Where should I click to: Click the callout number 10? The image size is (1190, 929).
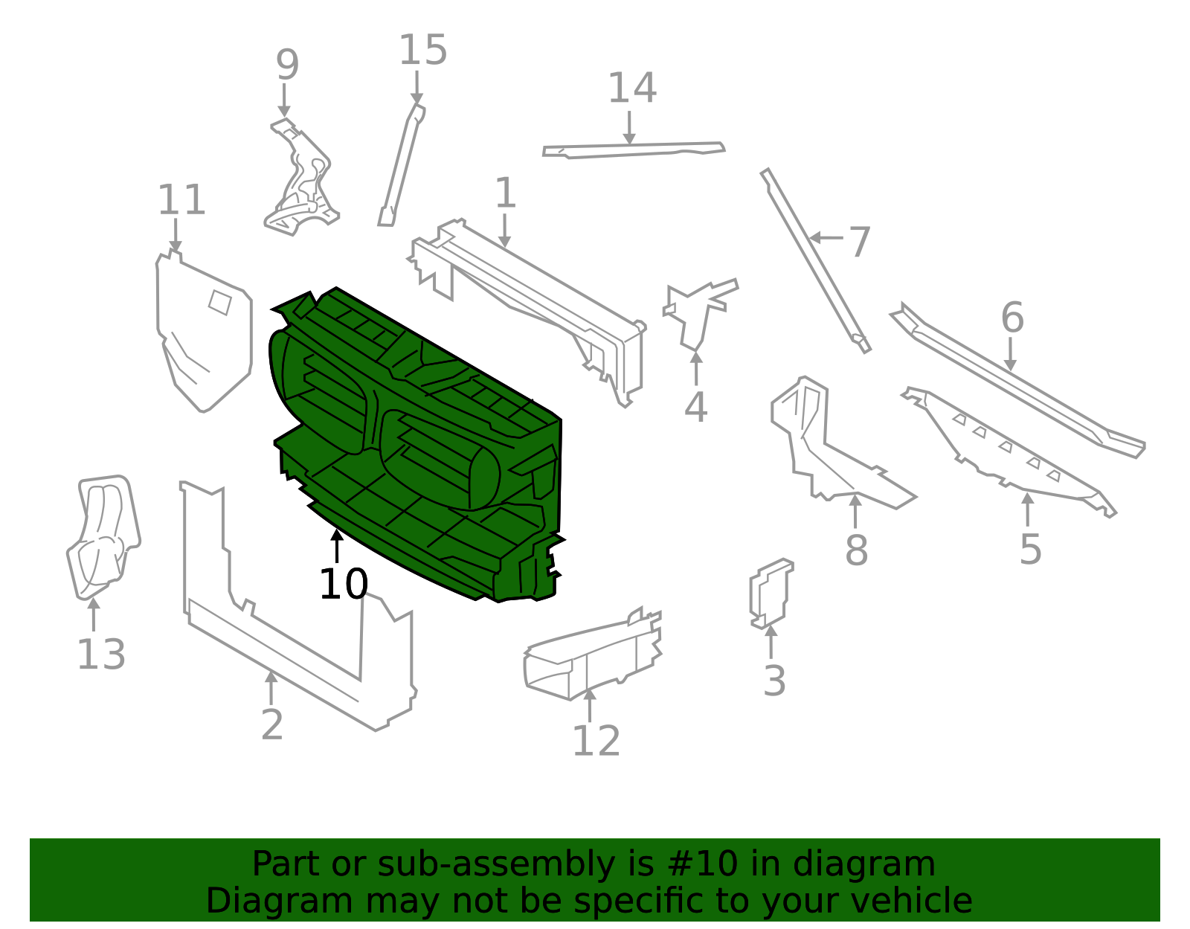[344, 584]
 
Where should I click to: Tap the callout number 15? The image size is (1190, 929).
[423, 50]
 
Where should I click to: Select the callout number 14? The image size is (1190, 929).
[632, 88]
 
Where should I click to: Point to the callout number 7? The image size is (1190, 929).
[859, 242]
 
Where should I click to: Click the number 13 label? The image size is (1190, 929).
[101, 655]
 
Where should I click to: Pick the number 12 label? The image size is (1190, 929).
[596, 742]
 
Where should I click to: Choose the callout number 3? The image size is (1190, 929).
[774, 681]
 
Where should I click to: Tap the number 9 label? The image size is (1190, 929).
[288, 65]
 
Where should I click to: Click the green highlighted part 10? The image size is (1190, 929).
[416, 443]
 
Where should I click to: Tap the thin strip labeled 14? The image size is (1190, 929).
[634, 150]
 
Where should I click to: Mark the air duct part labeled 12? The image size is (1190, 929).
[593, 655]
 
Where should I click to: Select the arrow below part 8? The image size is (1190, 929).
[855, 511]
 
